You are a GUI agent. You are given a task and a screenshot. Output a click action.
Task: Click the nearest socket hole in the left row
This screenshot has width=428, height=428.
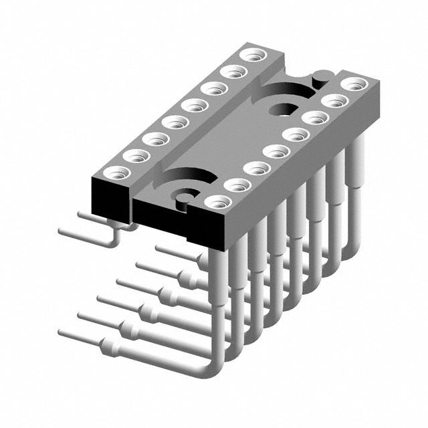[116, 172]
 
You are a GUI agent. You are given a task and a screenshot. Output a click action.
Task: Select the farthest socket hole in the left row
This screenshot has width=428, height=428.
[252, 56]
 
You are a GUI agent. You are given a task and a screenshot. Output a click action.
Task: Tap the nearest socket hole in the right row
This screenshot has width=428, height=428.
[217, 201]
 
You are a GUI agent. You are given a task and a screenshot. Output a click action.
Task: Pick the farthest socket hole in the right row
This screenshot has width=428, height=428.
[352, 84]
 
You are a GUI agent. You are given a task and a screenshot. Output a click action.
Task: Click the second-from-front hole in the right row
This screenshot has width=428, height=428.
[236, 184]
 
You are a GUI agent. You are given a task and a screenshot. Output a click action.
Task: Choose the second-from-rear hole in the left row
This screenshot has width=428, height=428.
[233, 72]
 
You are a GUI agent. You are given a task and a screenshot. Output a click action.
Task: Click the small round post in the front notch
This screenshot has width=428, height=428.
[181, 195]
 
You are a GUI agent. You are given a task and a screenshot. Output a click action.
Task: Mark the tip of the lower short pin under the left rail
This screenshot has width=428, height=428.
[62, 231]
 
